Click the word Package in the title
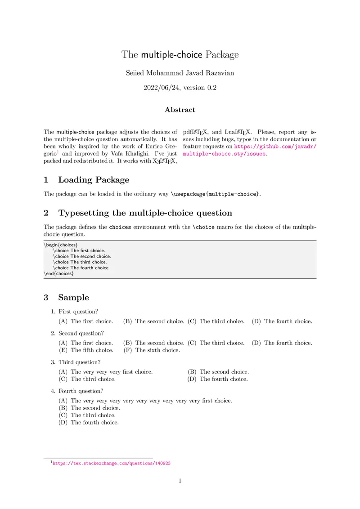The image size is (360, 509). [222, 55]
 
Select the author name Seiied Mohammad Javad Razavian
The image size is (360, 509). [180, 73]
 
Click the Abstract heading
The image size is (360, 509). [180, 110]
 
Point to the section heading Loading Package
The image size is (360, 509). [94, 180]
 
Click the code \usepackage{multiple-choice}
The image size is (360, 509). [215, 194]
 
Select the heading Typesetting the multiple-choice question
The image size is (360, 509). [145, 213]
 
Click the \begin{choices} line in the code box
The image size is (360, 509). [61, 245]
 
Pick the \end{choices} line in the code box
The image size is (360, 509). [58, 273]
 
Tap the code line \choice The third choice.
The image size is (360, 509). [80, 262]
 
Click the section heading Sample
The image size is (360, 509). [73, 297]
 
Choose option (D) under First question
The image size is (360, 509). [282, 321]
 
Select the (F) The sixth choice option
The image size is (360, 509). [152, 350]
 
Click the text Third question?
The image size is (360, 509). [79, 362]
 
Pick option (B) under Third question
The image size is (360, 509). [218, 372]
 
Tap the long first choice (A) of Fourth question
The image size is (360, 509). [145, 400]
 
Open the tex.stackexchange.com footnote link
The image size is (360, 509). [112, 463]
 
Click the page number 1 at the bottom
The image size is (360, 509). [180, 481]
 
